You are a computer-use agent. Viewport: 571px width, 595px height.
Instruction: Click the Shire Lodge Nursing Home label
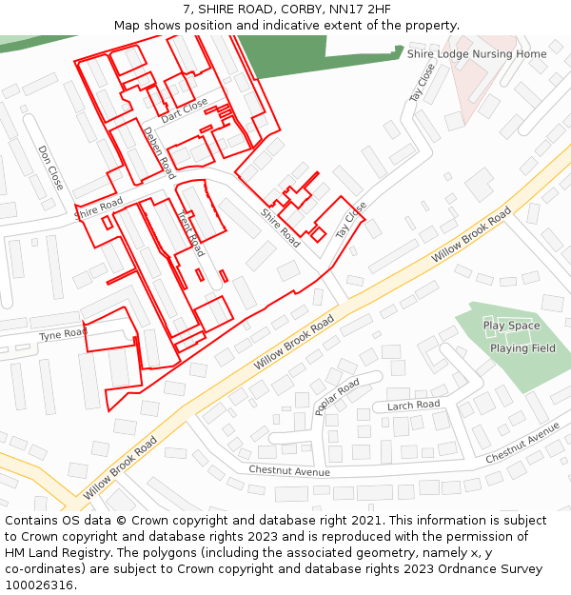[x=477, y=54]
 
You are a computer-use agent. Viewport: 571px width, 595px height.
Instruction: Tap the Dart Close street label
[x=184, y=110]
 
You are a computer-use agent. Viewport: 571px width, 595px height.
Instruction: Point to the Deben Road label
[x=160, y=152]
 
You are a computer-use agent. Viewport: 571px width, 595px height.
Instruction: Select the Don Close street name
[x=50, y=168]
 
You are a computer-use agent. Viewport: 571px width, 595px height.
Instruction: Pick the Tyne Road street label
[x=62, y=336]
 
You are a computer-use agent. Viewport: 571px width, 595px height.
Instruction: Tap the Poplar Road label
[x=337, y=397]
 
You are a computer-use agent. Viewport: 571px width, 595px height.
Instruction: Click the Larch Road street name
[x=413, y=406]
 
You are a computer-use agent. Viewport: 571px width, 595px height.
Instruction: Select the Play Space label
[x=511, y=326]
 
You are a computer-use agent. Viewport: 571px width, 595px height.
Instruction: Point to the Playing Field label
[x=522, y=348]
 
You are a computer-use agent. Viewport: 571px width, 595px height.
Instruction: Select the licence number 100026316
[x=39, y=585]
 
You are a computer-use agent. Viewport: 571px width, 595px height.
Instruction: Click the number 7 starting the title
[x=187, y=10]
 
